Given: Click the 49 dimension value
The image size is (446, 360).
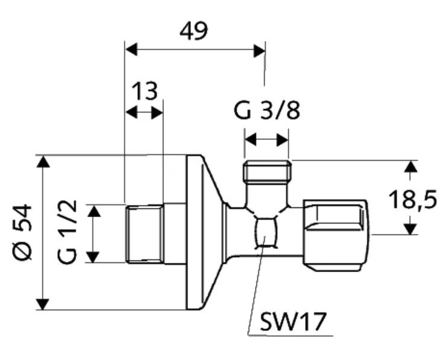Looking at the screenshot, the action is pyautogui.click(x=193, y=31).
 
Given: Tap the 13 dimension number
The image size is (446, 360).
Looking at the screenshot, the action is pyautogui.click(x=145, y=91).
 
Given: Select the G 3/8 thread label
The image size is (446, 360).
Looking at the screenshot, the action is pyautogui.click(x=267, y=110).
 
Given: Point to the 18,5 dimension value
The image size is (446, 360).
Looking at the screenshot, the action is pyautogui.click(x=412, y=200).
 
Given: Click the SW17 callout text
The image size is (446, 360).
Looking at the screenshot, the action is pyautogui.click(x=293, y=322).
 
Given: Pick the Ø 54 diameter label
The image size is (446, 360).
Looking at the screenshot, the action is pyautogui.click(x=22, y=232).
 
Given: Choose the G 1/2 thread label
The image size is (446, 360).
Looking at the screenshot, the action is pyautogui.click(x=67, y=232).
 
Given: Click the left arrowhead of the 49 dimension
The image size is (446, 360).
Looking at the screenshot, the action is pyautogui.click(x=131, y=50).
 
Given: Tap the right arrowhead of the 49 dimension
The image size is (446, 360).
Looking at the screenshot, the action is pyautogui.click(x=259, y=51).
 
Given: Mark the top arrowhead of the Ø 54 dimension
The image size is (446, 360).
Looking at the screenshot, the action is pyautogui.click(x=43, y=162).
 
